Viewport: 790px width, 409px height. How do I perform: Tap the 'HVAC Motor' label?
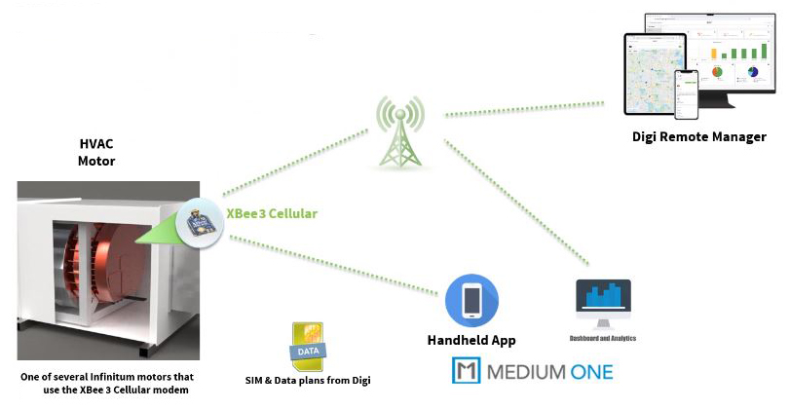point(96,152)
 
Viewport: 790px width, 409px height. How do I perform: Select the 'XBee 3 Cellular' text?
point(272,212)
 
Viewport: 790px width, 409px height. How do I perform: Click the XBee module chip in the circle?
point(201,221)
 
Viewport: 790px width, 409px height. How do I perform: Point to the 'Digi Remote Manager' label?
point(698,137)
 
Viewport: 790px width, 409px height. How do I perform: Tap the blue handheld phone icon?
point(471,300)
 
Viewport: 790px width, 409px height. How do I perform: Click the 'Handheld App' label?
point(471,341)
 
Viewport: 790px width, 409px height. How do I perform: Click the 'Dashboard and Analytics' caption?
point(603,339)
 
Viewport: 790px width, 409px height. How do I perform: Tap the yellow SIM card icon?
point(307,347)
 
